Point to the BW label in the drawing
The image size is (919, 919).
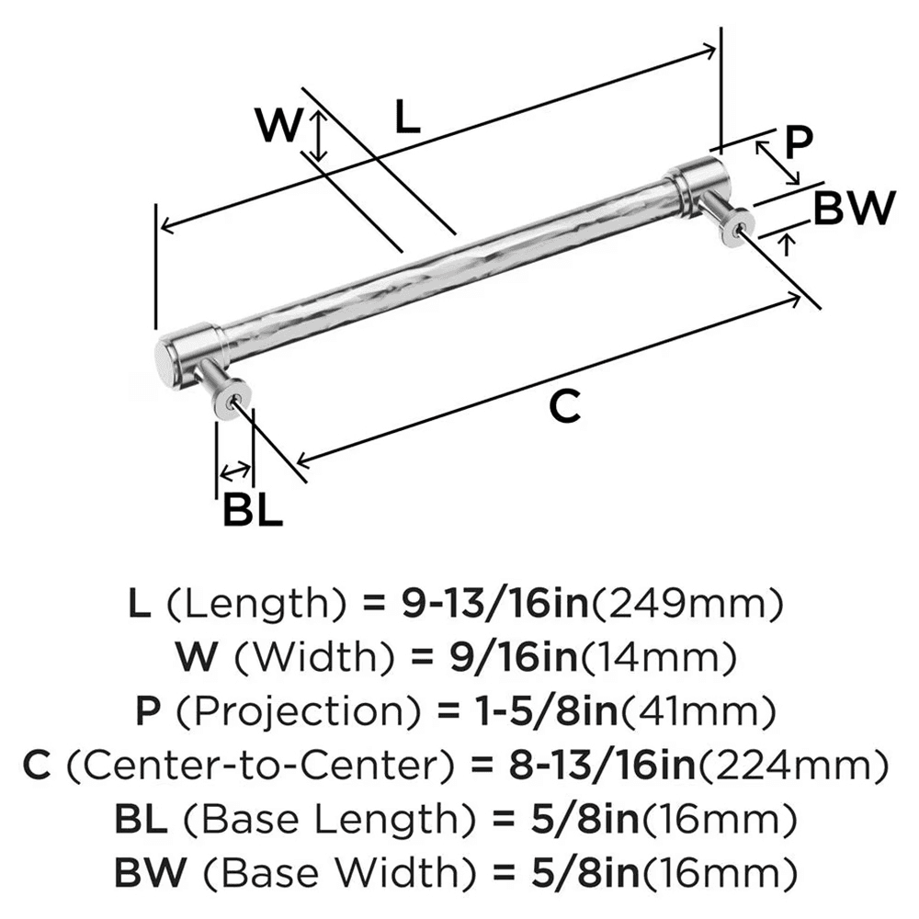click(x=854, y=209)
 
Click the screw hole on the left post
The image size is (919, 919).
click(x=238, y=399)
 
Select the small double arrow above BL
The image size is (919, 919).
click(x=234, y=472)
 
